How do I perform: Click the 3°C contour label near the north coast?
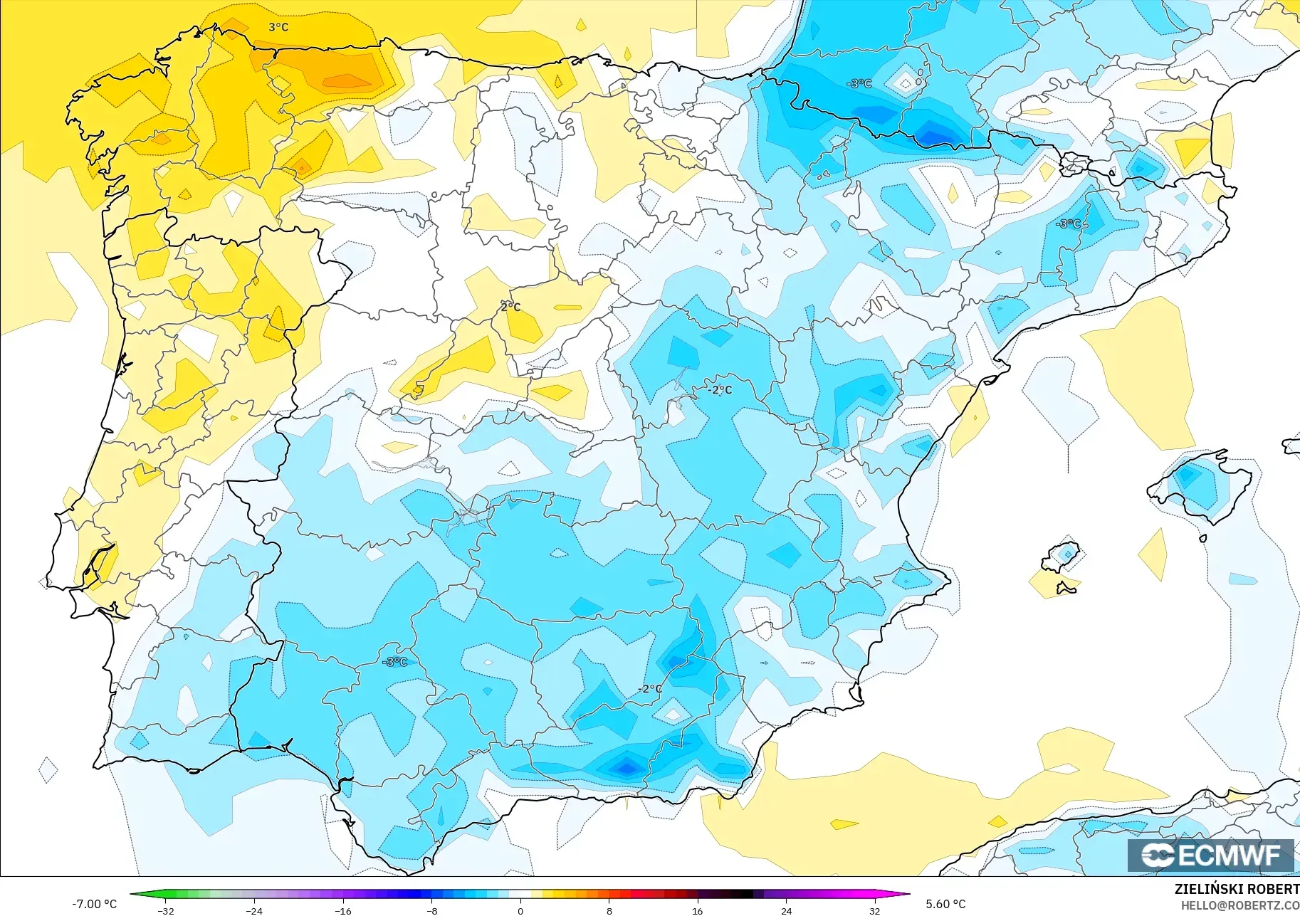[278, 27]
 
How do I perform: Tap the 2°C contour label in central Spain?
[510, 307]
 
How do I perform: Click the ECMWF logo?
[1210, 855]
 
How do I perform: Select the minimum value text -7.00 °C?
[94, 904]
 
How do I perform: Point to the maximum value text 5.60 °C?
[945, 904]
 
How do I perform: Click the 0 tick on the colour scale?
[520, 910]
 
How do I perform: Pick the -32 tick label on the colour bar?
[166, 910]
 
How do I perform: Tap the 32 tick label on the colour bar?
[874, 910]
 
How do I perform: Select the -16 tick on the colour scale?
[343, 910]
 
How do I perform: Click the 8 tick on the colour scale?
[609, 910]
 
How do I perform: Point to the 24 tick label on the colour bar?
[786, 910]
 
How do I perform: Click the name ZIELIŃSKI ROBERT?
[1237, 889]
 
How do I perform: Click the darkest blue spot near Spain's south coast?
[627, 768]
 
